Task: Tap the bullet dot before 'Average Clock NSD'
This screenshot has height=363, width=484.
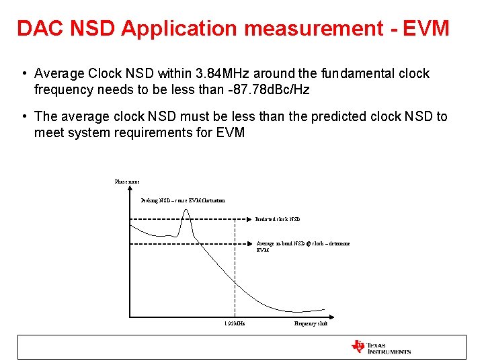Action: tap(24, 73)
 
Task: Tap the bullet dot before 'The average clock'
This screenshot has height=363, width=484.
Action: tap(24, 116)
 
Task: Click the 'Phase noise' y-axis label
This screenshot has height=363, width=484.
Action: tap(127, 182)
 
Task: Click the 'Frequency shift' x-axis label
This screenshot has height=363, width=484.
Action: tap(311, 324)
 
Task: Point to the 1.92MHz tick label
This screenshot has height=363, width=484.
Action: tap(235, 324)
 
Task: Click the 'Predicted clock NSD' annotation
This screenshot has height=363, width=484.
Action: tap(278, 219)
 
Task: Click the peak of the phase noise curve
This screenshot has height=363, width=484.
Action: tap(186, 210)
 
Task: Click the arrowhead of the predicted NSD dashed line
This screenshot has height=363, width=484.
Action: tap(251, 219)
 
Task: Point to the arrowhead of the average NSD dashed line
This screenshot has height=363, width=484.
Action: tap(251, 243)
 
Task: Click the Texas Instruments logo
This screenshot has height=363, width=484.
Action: tap(380, 347)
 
